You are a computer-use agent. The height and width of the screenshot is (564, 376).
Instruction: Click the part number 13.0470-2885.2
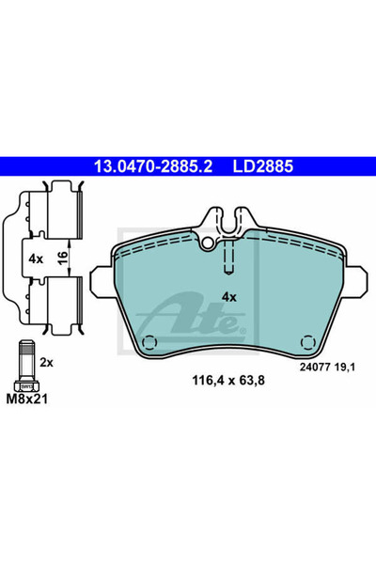[x=153, y=166]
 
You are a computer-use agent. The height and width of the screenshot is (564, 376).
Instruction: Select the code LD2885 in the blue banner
[x=263, y=166]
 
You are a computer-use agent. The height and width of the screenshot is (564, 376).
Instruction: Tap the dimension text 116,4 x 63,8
[x=228, y=380]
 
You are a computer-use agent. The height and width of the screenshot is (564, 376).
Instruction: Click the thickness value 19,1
[x=344, y=368]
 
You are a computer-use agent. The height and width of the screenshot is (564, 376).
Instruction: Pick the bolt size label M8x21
[x=27, y=399]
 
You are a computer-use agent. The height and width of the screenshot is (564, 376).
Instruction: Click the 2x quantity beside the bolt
[x=46, y=363]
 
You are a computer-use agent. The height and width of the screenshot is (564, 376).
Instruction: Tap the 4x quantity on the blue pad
[x=228, y=297]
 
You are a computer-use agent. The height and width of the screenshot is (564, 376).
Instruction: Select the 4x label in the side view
[x=36, y=258]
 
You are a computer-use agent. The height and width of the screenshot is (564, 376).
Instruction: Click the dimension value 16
[x=62, y=258]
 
